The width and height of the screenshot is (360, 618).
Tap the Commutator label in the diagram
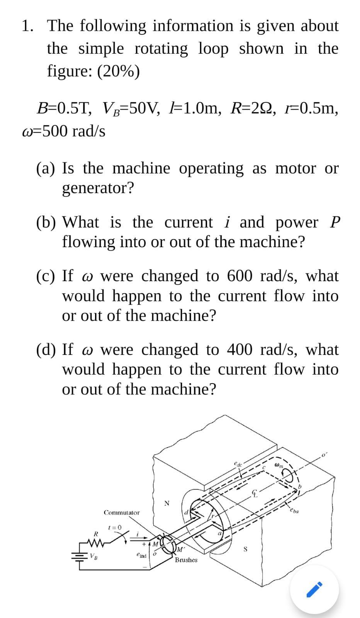click(x=122, y=513)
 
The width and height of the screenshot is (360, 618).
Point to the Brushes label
click(x=186, y=560)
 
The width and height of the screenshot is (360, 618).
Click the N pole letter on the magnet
click(x=166, y=503)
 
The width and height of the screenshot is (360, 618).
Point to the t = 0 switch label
click(x=115, y=527)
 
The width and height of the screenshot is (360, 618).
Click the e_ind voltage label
click(x=141, y=555)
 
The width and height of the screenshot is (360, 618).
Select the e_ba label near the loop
click(x=294, y=511)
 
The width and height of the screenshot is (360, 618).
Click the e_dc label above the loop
click(x=238, y=463)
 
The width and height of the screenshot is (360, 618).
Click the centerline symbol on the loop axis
click(x=255, y=493)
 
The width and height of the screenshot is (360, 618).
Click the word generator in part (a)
click(x=98, y=188)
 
